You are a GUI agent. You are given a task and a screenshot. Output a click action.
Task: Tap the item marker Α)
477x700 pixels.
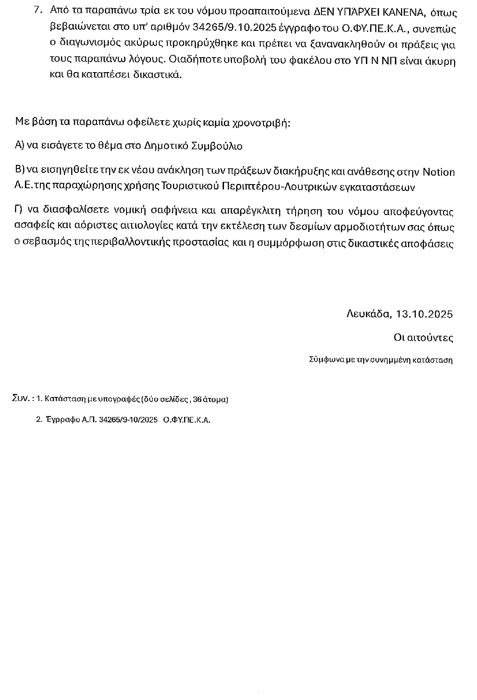tap(19, 146)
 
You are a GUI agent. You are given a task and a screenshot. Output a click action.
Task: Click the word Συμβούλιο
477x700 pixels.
tap(219, 146)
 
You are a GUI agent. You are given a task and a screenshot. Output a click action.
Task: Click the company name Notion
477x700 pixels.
tap(438, 172)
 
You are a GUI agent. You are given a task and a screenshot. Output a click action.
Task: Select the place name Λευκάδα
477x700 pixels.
tap(368, 313)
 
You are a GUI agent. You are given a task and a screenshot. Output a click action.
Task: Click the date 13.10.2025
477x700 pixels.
tap(424, 313)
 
